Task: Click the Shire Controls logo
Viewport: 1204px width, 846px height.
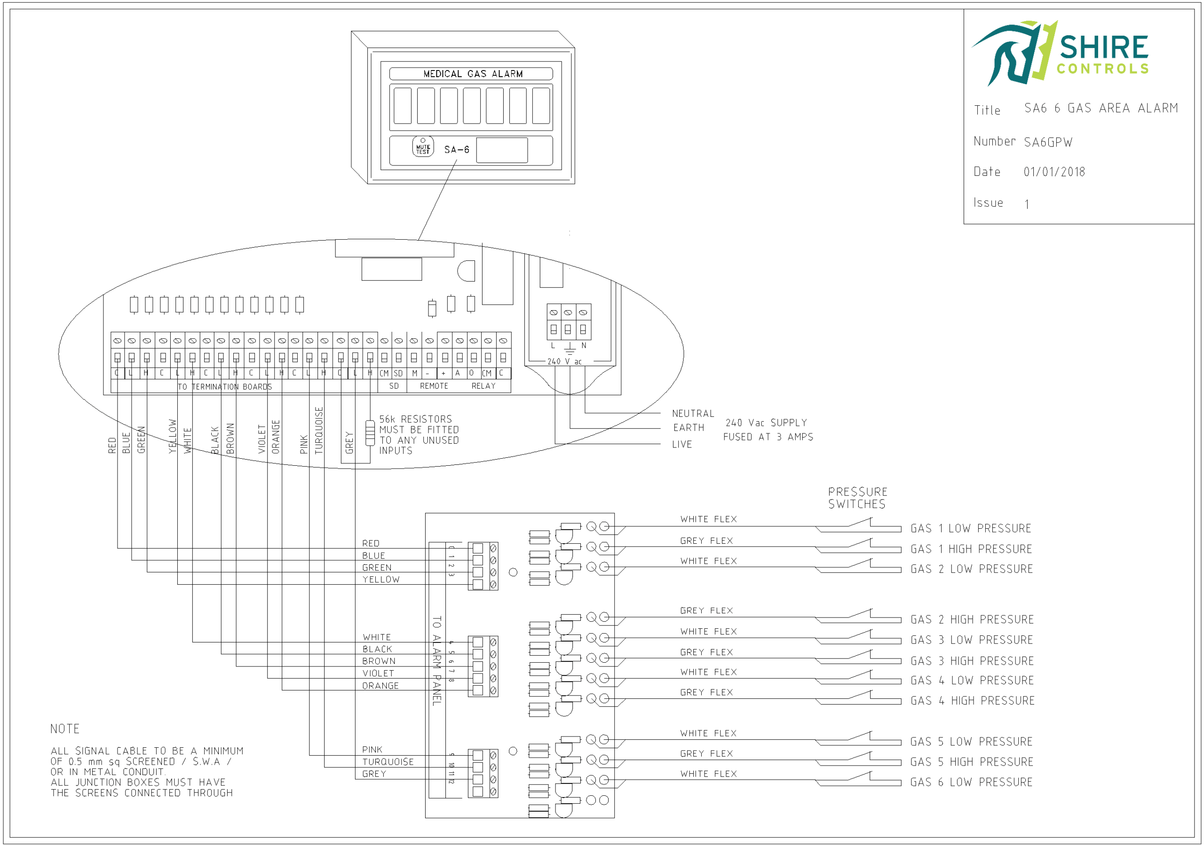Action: (1059, 53)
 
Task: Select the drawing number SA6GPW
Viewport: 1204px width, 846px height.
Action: (1048, 142)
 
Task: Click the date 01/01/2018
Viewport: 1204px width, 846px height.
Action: (1054, 172)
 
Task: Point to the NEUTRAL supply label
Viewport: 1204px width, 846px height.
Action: (693, 414)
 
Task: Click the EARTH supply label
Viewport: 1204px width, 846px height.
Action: (689, 428)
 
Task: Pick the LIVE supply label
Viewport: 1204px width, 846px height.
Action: (681, 444)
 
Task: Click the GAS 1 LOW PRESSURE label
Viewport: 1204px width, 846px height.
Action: (971, 528)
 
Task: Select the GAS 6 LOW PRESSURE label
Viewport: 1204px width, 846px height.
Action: (971, 782)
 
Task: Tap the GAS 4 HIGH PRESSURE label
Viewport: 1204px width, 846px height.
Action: (972, 701)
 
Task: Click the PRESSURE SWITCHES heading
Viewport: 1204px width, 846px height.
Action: (857, 498)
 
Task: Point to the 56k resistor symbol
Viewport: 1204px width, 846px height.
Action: (370, 432)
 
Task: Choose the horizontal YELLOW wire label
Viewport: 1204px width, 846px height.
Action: (380, 580)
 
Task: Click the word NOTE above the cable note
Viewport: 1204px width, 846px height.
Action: (65, 729)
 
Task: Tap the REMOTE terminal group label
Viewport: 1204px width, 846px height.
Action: (434, 386)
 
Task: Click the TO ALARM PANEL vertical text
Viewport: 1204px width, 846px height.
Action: (437, 660)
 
